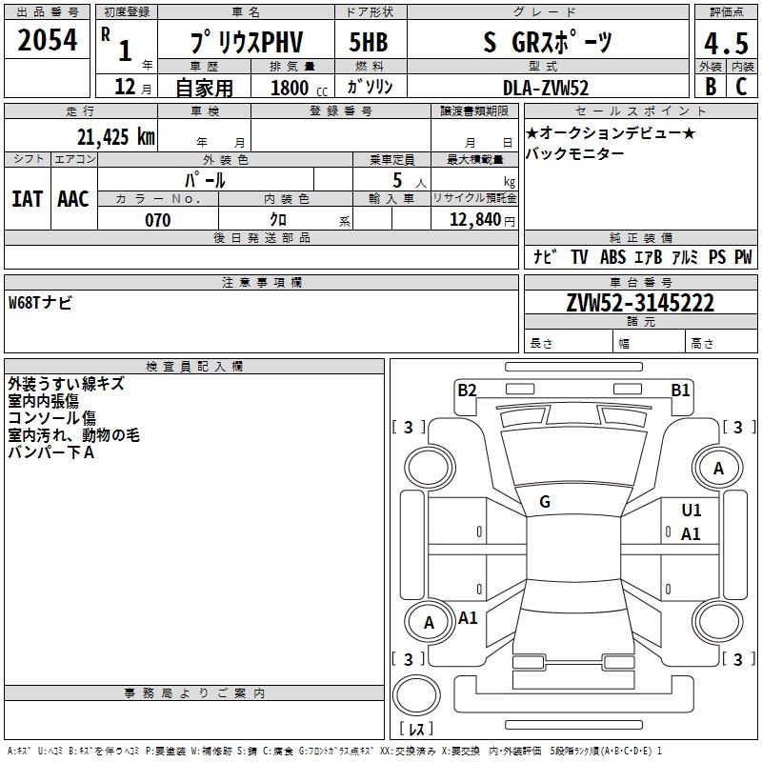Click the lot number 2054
(48, 42)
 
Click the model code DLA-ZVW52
(546, 88)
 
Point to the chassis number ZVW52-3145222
(640, 303)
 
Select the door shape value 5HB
(369, 43)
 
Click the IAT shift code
(27, 198)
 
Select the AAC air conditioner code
(72, 198)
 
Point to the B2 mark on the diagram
(467, 389)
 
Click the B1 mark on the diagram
(680, 389)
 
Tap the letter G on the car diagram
(545, 502)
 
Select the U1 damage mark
(691, 511)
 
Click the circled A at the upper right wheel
(718, 468)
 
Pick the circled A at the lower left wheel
(429, 623)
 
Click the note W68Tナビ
(40, 303)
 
